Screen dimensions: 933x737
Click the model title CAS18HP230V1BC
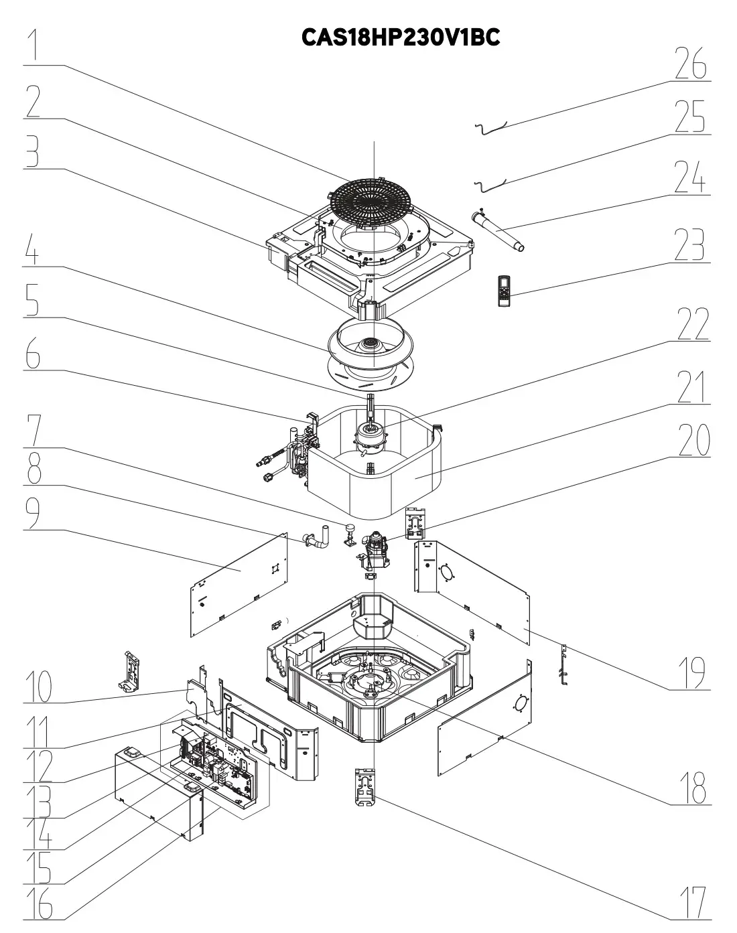[401, 37]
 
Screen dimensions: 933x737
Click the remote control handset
[505, 291]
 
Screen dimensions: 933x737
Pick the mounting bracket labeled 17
[365, 786]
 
